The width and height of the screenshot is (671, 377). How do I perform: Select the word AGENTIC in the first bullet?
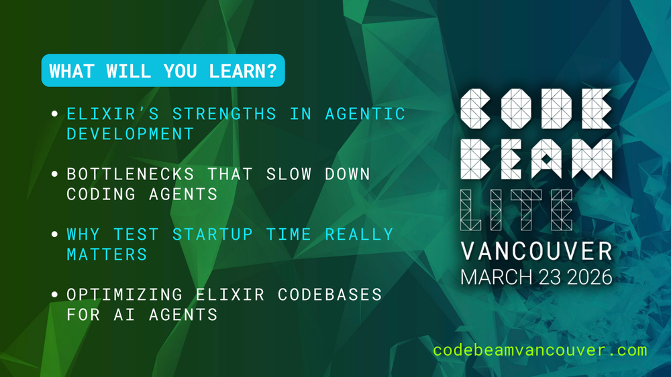click(x=365, y=114)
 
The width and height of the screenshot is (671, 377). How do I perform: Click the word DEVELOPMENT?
click(x=131, y=134)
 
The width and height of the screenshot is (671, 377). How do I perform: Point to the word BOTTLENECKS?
click(x=131, y=174)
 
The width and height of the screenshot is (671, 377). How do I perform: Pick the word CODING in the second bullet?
click(x=101, y=194)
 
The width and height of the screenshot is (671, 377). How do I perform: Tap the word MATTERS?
click(x=107, y=254)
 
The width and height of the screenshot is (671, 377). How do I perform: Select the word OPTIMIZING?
click(x=125, y=295)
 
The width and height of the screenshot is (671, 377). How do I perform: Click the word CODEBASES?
click(x=330, y=295)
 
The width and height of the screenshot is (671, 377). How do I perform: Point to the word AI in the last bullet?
click(x=125, y=315)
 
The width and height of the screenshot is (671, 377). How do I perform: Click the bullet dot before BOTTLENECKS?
click(x=54, y=174)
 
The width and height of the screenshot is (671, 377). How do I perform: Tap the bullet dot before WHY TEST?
click(x=54, y=234)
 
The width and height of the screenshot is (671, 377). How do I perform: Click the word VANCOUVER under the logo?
click(x=537, y=251)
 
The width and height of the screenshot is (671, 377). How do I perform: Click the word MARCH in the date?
click(x=497, y=277)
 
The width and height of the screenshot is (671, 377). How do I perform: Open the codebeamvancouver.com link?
click(x=540, y=350)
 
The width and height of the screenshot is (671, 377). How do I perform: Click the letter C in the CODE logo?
click(x=476, y=109)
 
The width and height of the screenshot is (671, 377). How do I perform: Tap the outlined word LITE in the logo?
click(x=517, y=210)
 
